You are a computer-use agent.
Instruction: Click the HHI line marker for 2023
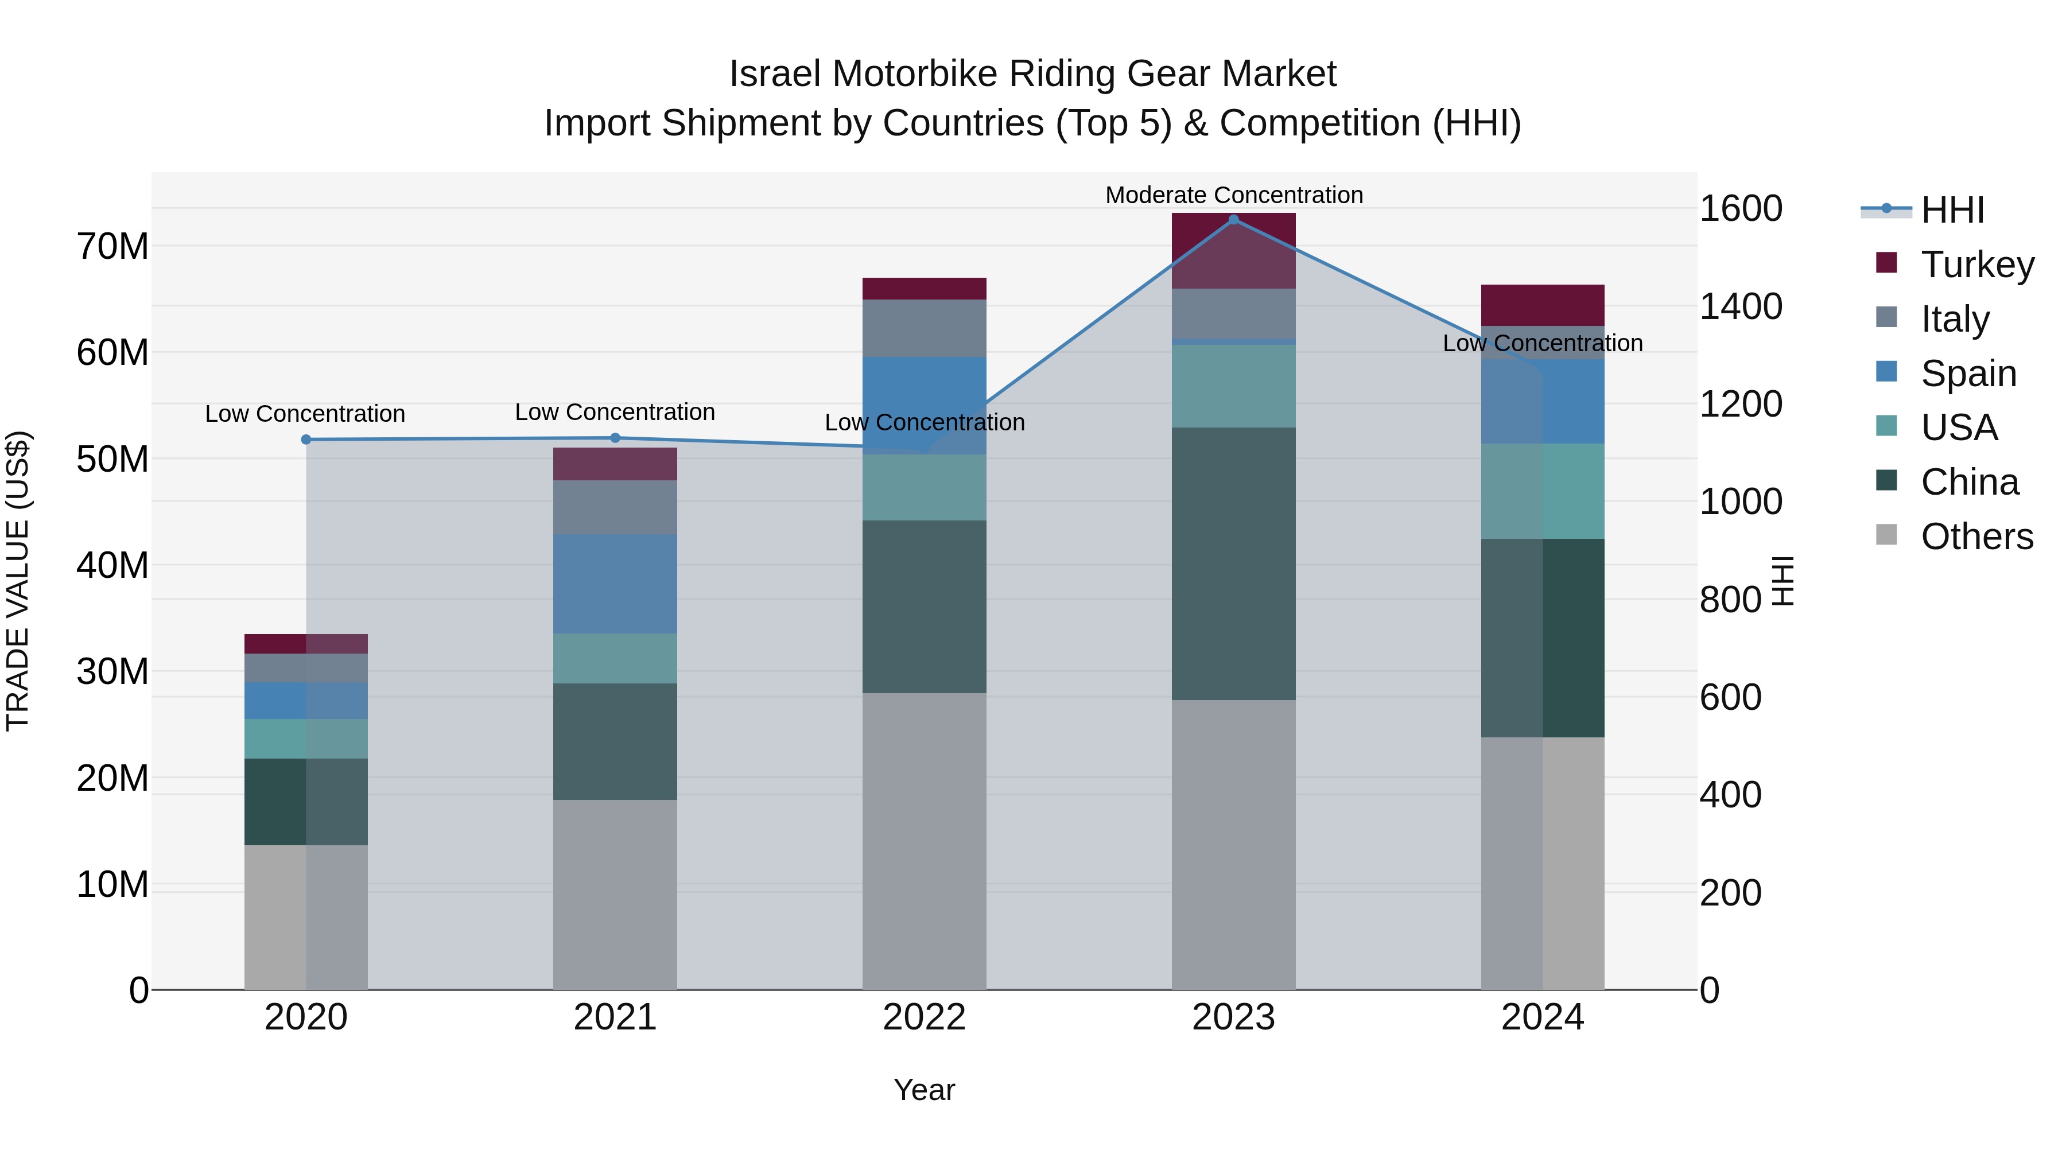tap(1233, 220)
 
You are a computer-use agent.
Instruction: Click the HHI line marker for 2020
tap(305, 440)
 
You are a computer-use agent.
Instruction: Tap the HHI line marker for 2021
tap(615, 438)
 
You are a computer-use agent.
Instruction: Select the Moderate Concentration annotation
tap(1233, 195)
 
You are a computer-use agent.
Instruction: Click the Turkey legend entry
tap(1977, 264)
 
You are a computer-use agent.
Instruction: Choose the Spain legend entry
tap(1968, 373)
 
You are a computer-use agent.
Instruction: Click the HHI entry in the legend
tap(1952, 210)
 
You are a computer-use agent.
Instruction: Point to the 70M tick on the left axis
tap(112, 246)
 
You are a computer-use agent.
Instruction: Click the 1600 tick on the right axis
tap(1741, 208)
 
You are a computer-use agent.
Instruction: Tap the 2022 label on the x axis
tap(924, 1017)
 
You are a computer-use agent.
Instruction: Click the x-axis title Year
tap(924, 1090)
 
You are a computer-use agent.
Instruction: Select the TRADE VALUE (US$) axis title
tap(18, 581)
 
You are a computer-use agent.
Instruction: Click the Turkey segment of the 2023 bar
tap(1233, 250)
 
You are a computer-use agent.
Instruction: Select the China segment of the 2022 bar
tap(924, 607)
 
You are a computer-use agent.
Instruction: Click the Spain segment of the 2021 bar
tap(615, 584)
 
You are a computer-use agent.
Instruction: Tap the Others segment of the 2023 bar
tap(1233, 845)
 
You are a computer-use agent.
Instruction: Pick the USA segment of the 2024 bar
tap(1542, 491)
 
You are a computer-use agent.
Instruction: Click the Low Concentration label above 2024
tap(1542, 343)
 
